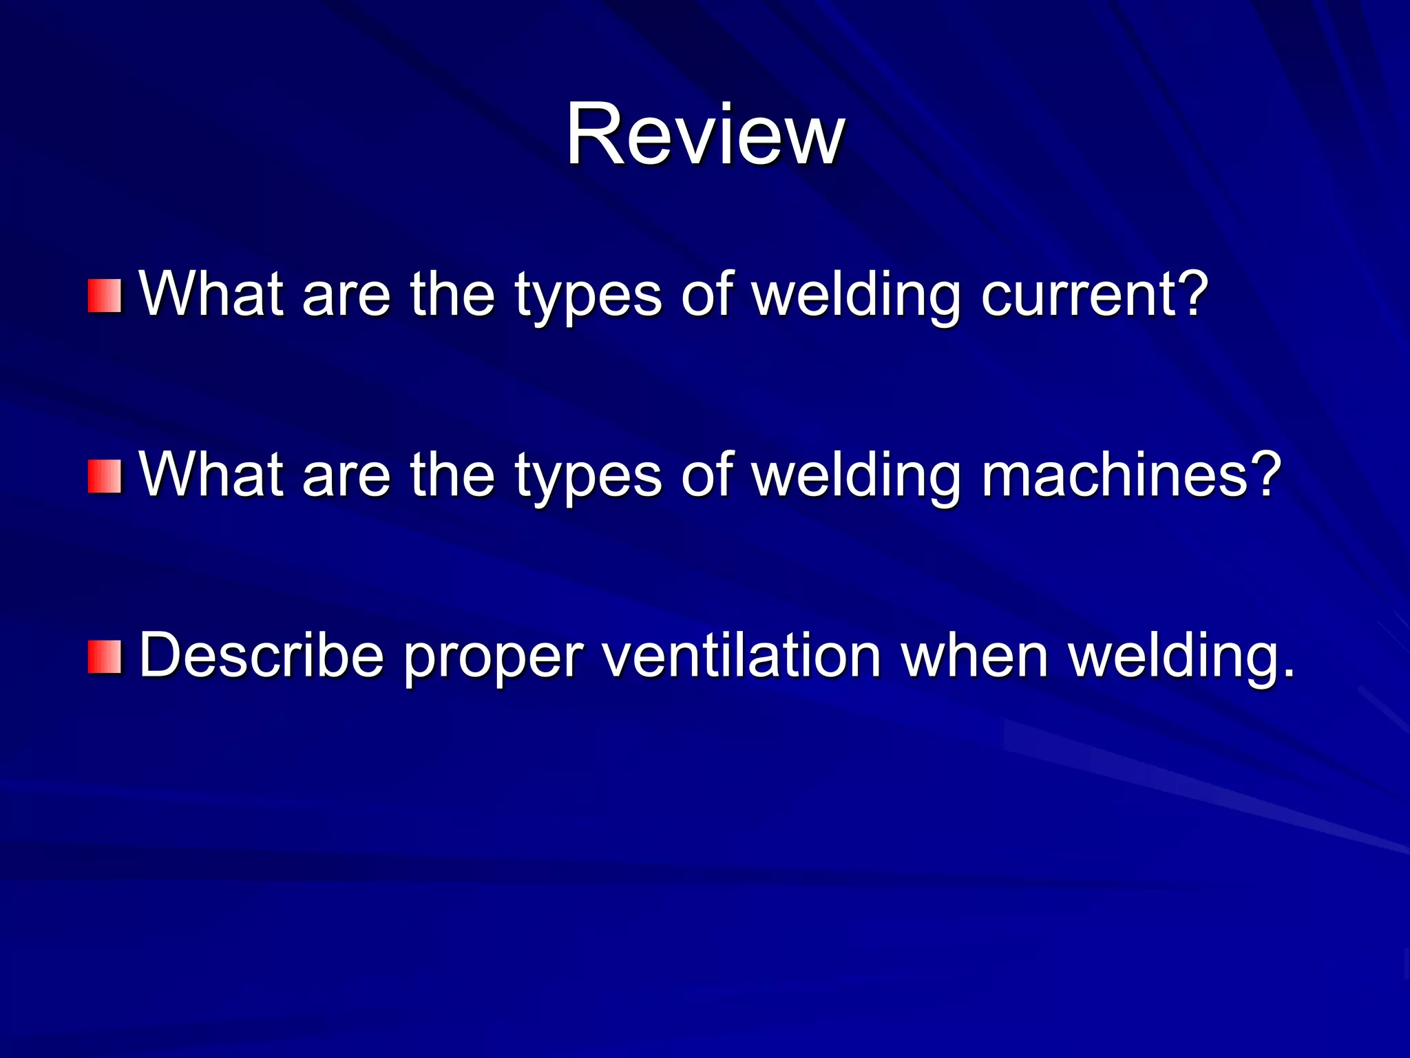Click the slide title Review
(705, 134)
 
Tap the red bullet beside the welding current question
(105, 295)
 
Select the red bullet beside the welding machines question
(105, 477)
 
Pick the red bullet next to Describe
(105, 656)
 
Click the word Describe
(262, 656)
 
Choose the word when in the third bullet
(975, 656)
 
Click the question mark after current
(1191, 293)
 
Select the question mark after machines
(1264, 474)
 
